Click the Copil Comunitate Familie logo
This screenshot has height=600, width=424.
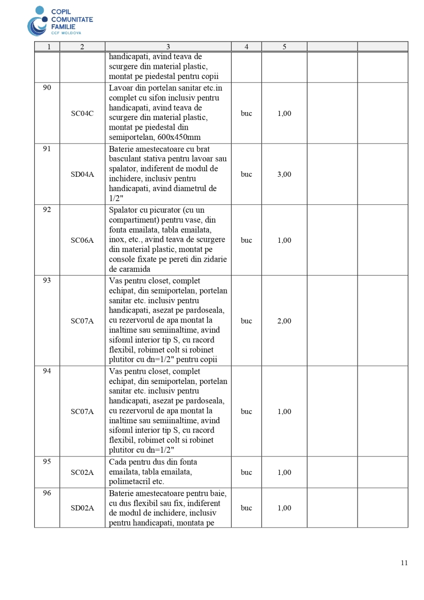tap(60, 21)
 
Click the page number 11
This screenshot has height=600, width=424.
tap(404, 563)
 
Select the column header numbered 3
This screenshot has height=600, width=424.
tap(168, 47)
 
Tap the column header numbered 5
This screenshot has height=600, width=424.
tap(284, 47)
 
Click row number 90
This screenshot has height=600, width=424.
tap(47, 88)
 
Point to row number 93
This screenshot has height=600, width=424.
tap(47, 281)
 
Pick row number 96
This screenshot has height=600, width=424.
tap(47, 493)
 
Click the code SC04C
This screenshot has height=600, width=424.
tap(82, 114)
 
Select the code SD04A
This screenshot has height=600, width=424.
tap(82, 174)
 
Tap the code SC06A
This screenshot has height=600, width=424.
tap(82, 240)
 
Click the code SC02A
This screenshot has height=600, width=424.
tap(82, 472)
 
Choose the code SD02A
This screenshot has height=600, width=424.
tap(82, 508)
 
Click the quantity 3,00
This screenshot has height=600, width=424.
tap(284, 174)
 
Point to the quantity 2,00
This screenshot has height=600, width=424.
tap(284, 321)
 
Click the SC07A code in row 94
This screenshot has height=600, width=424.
tap(82, 411)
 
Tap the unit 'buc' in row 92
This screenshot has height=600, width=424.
tap(246, 240)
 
